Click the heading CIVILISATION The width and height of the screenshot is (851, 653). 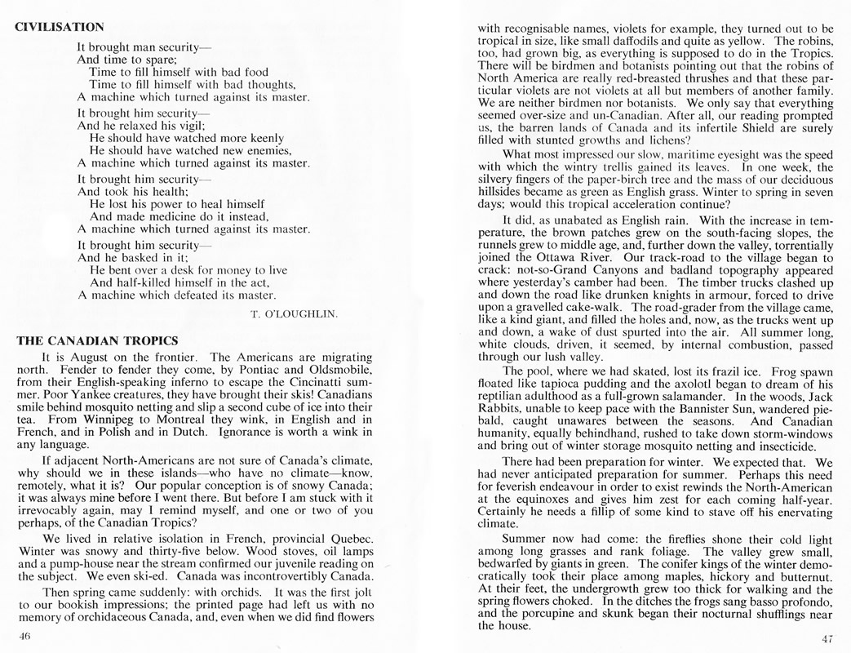[59, 26]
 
